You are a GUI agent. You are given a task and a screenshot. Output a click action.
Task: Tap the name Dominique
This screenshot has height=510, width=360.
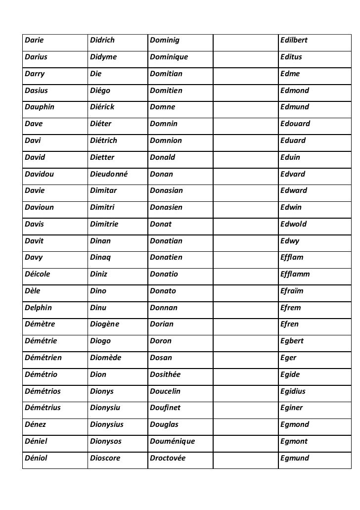169,56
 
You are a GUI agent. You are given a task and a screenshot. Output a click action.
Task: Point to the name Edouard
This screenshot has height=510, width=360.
295,124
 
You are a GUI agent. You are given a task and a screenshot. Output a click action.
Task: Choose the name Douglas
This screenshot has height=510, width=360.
164,424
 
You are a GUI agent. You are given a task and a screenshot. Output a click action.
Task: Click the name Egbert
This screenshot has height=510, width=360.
292,341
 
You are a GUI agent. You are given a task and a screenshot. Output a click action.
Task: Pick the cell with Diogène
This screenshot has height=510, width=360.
105,325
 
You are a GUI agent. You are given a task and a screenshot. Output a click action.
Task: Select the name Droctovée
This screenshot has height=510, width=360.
167,458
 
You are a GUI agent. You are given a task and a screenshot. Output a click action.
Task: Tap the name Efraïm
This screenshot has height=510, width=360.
292,291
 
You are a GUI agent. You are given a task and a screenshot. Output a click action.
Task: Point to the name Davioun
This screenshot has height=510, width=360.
39,207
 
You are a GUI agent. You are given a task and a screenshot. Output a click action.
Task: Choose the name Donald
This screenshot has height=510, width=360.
162,157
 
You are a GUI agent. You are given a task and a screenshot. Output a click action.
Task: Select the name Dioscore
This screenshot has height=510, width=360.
105,458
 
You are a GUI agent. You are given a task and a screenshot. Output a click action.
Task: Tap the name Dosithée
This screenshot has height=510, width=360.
165,374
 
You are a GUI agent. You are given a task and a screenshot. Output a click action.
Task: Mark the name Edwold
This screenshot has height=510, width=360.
293,224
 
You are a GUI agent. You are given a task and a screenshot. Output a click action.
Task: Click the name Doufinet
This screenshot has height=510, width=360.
165,408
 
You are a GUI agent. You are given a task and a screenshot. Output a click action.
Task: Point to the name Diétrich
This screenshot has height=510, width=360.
104,140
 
